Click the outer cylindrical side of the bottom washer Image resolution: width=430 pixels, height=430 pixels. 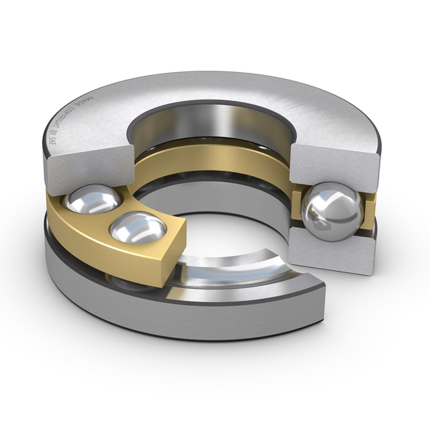(215, 328)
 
